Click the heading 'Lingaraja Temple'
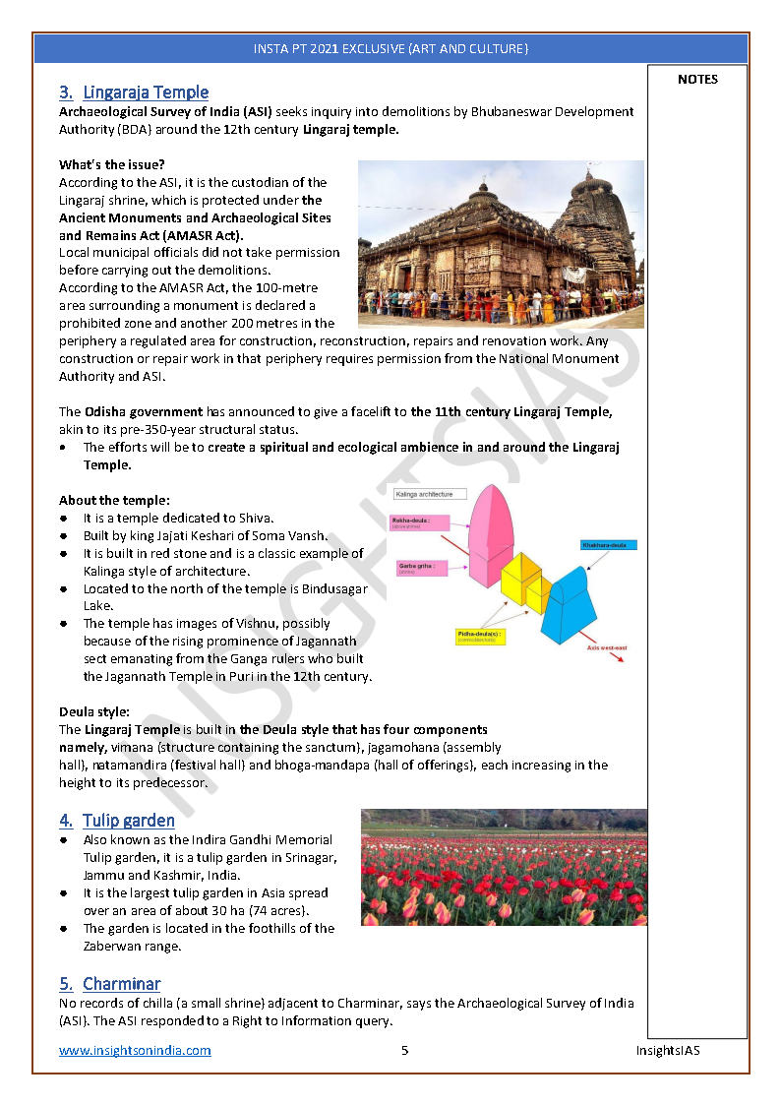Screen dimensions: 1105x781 146,92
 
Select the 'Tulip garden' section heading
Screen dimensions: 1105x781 128,821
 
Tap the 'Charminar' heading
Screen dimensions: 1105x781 121,984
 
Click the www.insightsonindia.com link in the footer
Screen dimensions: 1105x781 135,1051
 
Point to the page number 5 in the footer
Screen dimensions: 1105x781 404,1051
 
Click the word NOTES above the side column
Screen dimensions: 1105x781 697,80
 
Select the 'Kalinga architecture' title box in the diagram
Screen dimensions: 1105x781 424,494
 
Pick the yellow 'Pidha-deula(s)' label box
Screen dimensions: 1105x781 481,637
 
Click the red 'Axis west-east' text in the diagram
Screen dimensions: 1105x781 608,647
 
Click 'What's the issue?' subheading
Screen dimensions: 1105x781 112,164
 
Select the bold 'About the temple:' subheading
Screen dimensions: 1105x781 114,500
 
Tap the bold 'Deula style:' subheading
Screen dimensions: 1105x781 94,711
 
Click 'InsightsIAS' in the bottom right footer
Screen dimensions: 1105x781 667,1051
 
